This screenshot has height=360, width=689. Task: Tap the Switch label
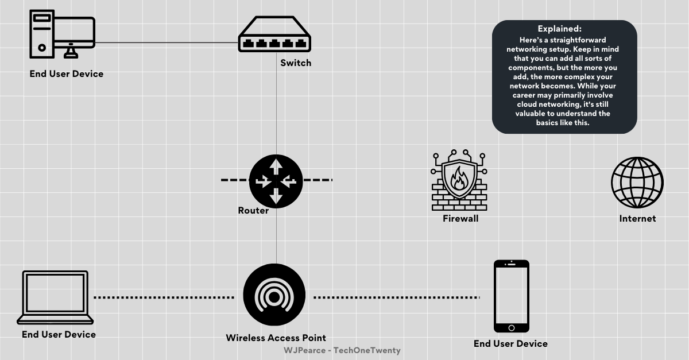pos(296,63)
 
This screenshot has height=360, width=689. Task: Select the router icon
pos(276,181)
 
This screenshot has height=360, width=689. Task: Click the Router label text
pos(253,211)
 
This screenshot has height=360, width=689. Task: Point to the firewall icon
pos(459,181)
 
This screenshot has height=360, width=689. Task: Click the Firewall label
pos(460,219)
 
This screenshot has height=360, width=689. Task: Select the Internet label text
pos(637,219)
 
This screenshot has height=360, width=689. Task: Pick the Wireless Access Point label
pos(276,338)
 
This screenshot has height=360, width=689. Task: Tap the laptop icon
pos(55,297)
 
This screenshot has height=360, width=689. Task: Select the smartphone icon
pos(511,296)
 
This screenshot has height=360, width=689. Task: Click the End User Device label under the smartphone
pos(510,344)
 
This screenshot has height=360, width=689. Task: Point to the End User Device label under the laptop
pos(59,335)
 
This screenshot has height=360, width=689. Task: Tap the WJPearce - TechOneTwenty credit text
pos(342,350)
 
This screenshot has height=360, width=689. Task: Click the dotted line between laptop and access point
pos(164,297)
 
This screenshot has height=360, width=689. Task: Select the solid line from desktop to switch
pos(167,42)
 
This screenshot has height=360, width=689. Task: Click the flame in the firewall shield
pos(459,177)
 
